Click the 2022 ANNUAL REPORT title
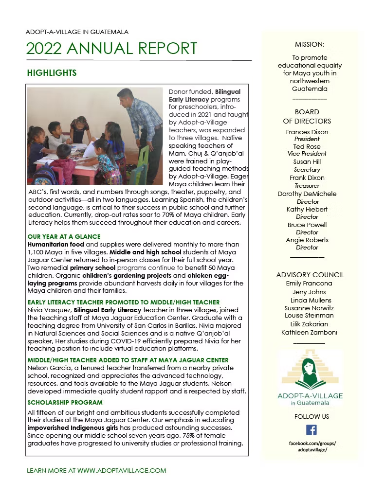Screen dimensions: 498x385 click(112, 49)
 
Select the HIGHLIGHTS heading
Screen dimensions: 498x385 click(52, 73)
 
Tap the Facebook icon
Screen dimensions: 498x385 click(311, 430)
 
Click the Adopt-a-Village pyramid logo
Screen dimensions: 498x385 click(310, 373)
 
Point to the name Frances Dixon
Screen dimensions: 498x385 click(307, 132)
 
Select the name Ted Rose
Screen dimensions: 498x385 click(307, 146)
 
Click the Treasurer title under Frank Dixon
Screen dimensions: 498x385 click(307, 186)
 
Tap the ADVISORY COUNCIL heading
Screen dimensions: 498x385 click(310, 275)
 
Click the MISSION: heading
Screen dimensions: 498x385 click(310, 44)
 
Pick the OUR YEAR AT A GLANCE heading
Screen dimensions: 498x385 click(64, 236)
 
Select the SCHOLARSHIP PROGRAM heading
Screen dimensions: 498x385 click(65, 403)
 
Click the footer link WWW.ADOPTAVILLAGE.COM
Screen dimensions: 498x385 click(122, 471)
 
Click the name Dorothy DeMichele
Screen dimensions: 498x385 click(307, 194)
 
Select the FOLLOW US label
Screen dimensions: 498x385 click(312, 416)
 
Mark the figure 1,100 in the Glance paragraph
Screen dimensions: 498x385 click(37, 252)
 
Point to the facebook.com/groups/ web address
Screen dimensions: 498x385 click(312, 443)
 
